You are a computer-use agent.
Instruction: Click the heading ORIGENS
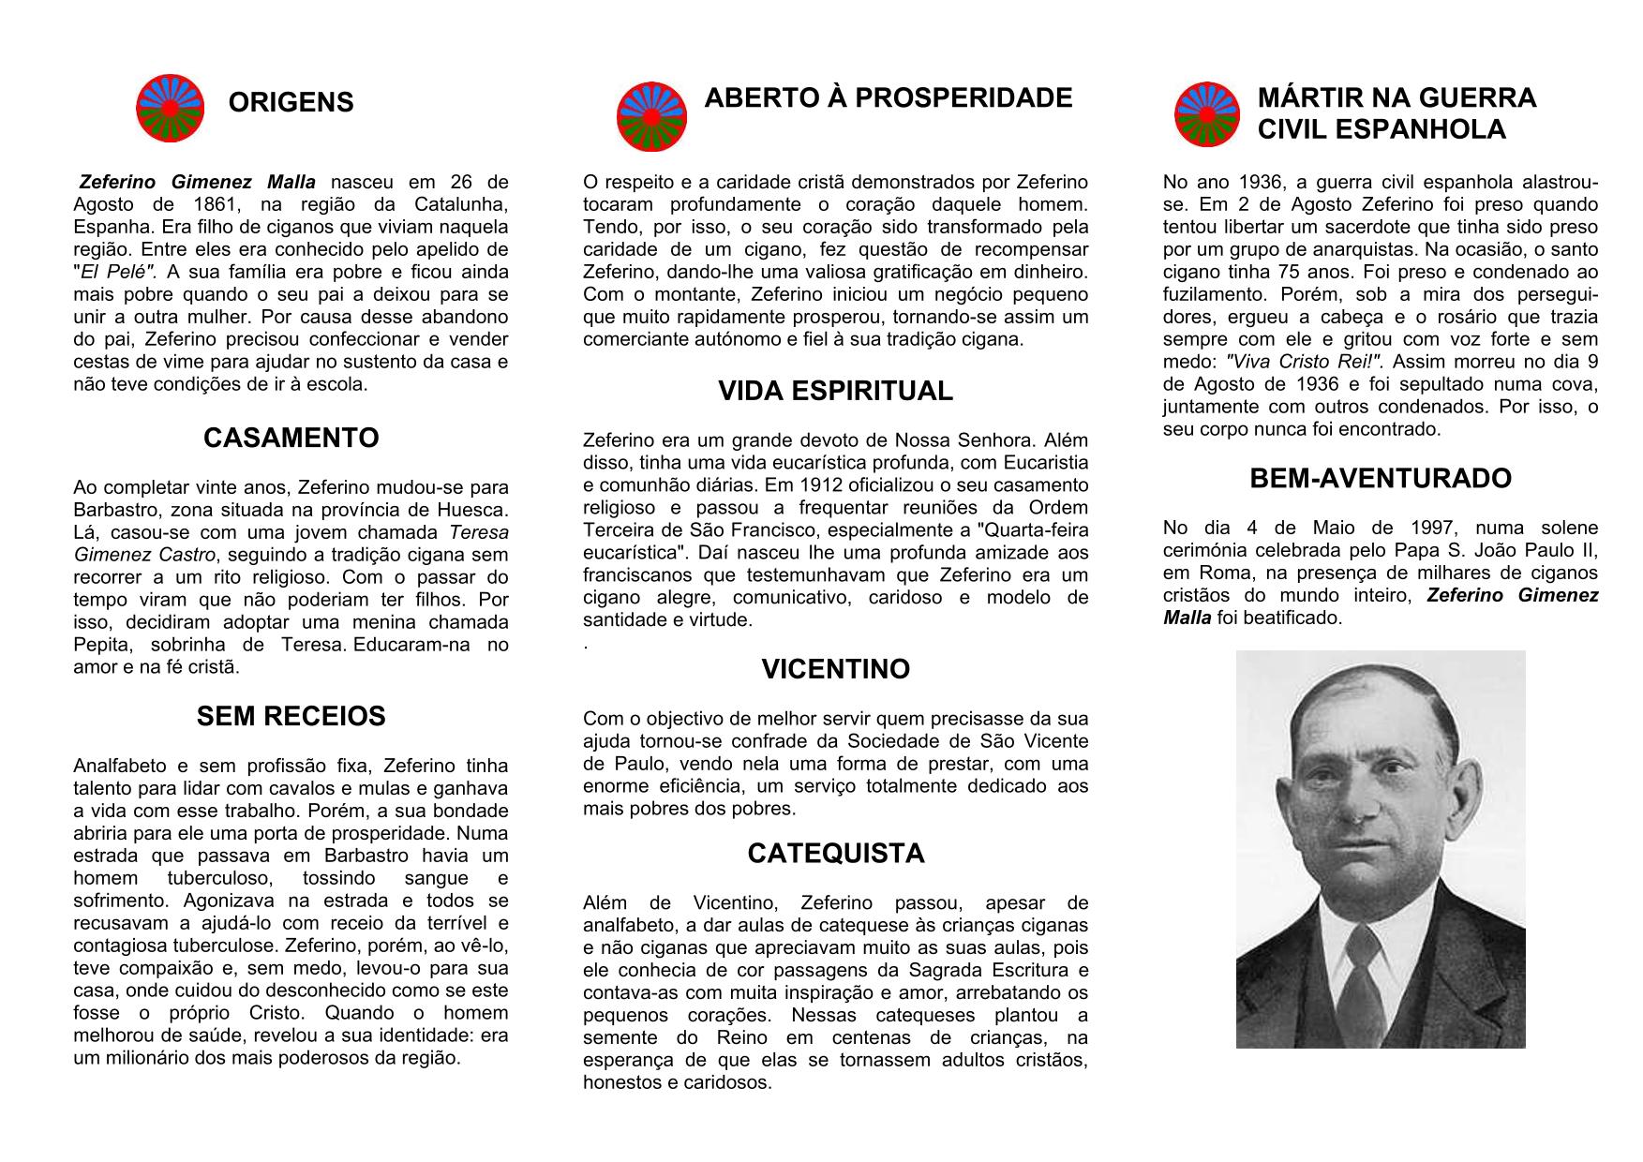(291, 102)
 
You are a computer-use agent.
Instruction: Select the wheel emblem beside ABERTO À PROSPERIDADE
(651, 116)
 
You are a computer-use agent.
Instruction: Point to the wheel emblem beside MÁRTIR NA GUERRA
(1208, 114)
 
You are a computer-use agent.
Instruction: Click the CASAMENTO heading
(291, 438)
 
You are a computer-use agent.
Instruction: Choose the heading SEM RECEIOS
(291, 717)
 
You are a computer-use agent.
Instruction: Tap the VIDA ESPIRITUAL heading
(835, 391)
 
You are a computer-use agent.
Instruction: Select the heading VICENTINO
(835, 669)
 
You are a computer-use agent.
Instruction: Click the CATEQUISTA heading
(835, 854)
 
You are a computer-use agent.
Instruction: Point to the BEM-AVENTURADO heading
(1380, 479)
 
